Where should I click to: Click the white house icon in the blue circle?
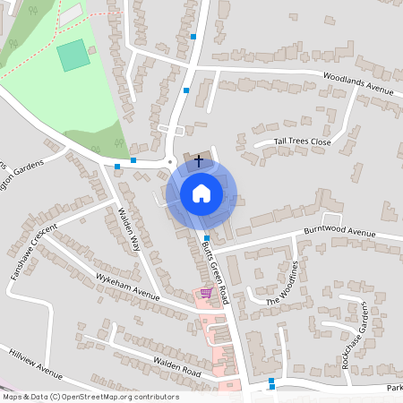201,193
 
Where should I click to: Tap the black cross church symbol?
198,161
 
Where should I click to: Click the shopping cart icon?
206,293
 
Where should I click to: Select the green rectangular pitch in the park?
73,56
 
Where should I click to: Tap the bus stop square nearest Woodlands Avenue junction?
186,90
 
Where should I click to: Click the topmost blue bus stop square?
193,37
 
